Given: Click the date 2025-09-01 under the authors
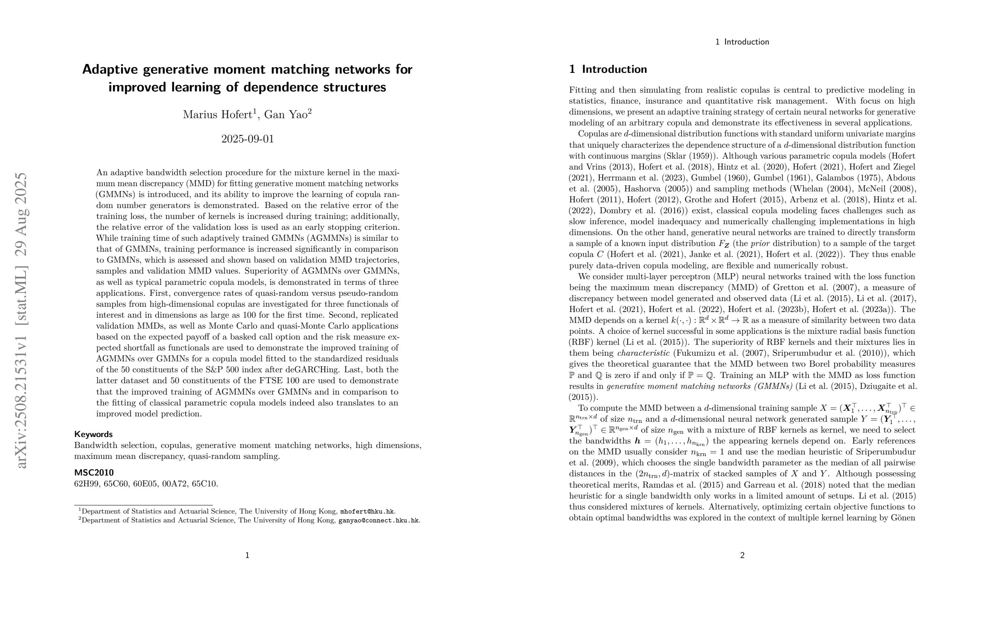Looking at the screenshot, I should click(247, 139).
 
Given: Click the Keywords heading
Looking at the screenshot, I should click(93, 434).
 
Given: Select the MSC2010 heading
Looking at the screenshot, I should click(93, 472).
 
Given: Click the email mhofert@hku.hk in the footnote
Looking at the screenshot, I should click(367, 512).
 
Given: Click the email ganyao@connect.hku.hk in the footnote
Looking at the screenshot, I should click(378, 520).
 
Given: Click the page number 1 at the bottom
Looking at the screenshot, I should click(247, 555).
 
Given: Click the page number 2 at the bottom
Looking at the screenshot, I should click(742, 555).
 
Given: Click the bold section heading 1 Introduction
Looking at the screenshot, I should click(608, 69).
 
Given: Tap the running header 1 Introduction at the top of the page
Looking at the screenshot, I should click(742, 42).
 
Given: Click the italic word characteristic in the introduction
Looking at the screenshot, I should click(643, 353).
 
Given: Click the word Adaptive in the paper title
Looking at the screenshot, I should click(110, 69).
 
